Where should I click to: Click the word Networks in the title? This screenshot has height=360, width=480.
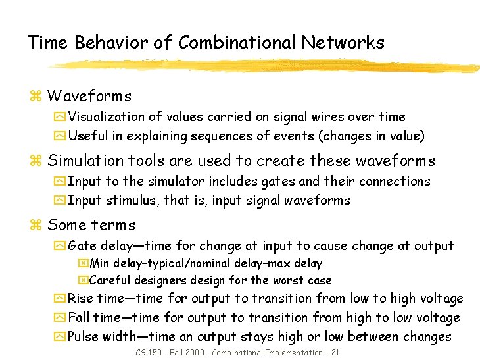[x=343, y=43]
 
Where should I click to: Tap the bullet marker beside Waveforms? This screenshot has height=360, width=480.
[x=36, y=97]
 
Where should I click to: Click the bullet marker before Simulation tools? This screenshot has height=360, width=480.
[x=36, y=161]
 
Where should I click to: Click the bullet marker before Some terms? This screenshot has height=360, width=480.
[x=36, y=226]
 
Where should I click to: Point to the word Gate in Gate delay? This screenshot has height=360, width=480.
[x=82, y=246]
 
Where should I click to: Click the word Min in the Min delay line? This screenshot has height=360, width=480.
[x=99, y=264]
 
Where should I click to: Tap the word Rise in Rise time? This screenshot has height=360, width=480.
[x=81, y=299]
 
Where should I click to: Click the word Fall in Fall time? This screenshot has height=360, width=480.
[x=80, y=318]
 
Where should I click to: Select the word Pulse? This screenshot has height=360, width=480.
[x=85, y=337]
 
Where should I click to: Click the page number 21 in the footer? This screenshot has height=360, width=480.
[x=335, y=353]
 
